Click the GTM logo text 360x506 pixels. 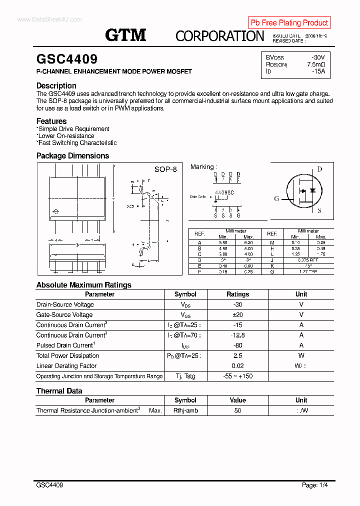point(125,34)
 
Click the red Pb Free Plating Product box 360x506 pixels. point(289,22)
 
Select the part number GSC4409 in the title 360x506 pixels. point(67,59)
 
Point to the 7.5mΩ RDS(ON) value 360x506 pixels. point(316,64)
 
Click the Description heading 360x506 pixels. point(56,85)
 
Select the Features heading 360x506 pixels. point(51,121)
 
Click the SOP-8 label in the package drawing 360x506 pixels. point(165,169)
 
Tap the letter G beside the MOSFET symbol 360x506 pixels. point(276,198)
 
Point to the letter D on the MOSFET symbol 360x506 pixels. point(319,169)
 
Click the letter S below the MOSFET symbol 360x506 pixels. point(319,211)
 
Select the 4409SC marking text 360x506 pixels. point(224,192)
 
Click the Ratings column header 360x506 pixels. point(237,294)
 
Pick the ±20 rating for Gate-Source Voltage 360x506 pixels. point(237,314)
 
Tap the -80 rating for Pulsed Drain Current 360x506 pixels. point(237,345)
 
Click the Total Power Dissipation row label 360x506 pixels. point(68,355)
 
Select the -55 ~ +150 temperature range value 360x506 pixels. point(237,376)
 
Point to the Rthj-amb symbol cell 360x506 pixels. point(185,410)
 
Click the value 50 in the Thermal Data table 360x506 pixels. point(237,410)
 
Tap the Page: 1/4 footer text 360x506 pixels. point(315,485)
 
